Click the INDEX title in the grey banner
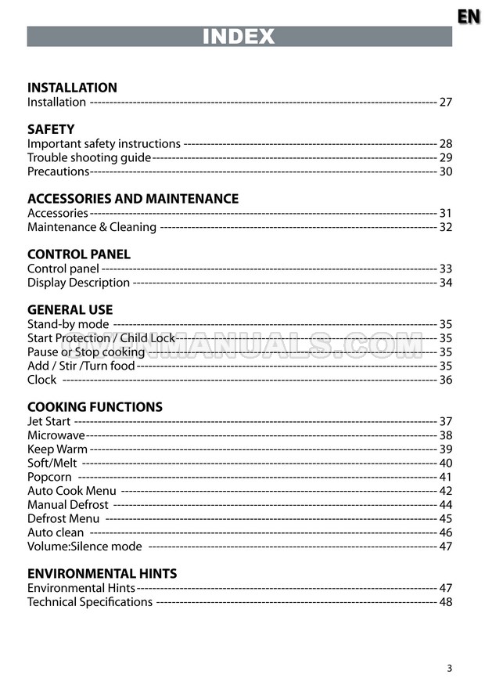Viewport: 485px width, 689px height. [x=239, y=37]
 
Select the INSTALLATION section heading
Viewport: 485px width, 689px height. [x=72, y=88]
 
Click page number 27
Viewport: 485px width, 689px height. [x=445, y=102]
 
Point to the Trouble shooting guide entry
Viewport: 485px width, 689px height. [x=89, y=157]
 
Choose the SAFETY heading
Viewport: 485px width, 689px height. [x=51, y=129]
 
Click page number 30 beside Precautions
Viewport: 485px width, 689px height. [x=445, y=171]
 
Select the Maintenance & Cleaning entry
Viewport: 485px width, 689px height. [x=92, y=227]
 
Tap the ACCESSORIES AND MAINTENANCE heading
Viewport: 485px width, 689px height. [x=133, y=199]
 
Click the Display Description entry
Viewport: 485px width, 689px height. [x=78, y=283]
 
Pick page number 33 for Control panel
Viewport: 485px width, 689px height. [x=445, y=269]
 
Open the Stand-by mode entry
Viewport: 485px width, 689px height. [x=68, y=324]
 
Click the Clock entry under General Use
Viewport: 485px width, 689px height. [x=42, y=380]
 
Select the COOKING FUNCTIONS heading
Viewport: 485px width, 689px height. [x=95, y=407]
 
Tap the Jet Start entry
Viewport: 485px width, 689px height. [x=49, y=421]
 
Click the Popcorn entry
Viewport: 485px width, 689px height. [x=49, y=477]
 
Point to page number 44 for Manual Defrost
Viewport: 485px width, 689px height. [x=445, y=505]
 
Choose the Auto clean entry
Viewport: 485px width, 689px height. [x=56, y=532]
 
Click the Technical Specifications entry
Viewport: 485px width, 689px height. [x=90, y=602]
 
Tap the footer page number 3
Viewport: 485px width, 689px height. [x=449, y=668]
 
